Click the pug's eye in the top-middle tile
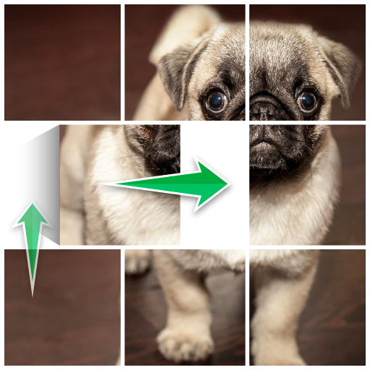(216, 101)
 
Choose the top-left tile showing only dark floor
(62, 62)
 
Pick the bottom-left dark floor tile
(62, 307)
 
